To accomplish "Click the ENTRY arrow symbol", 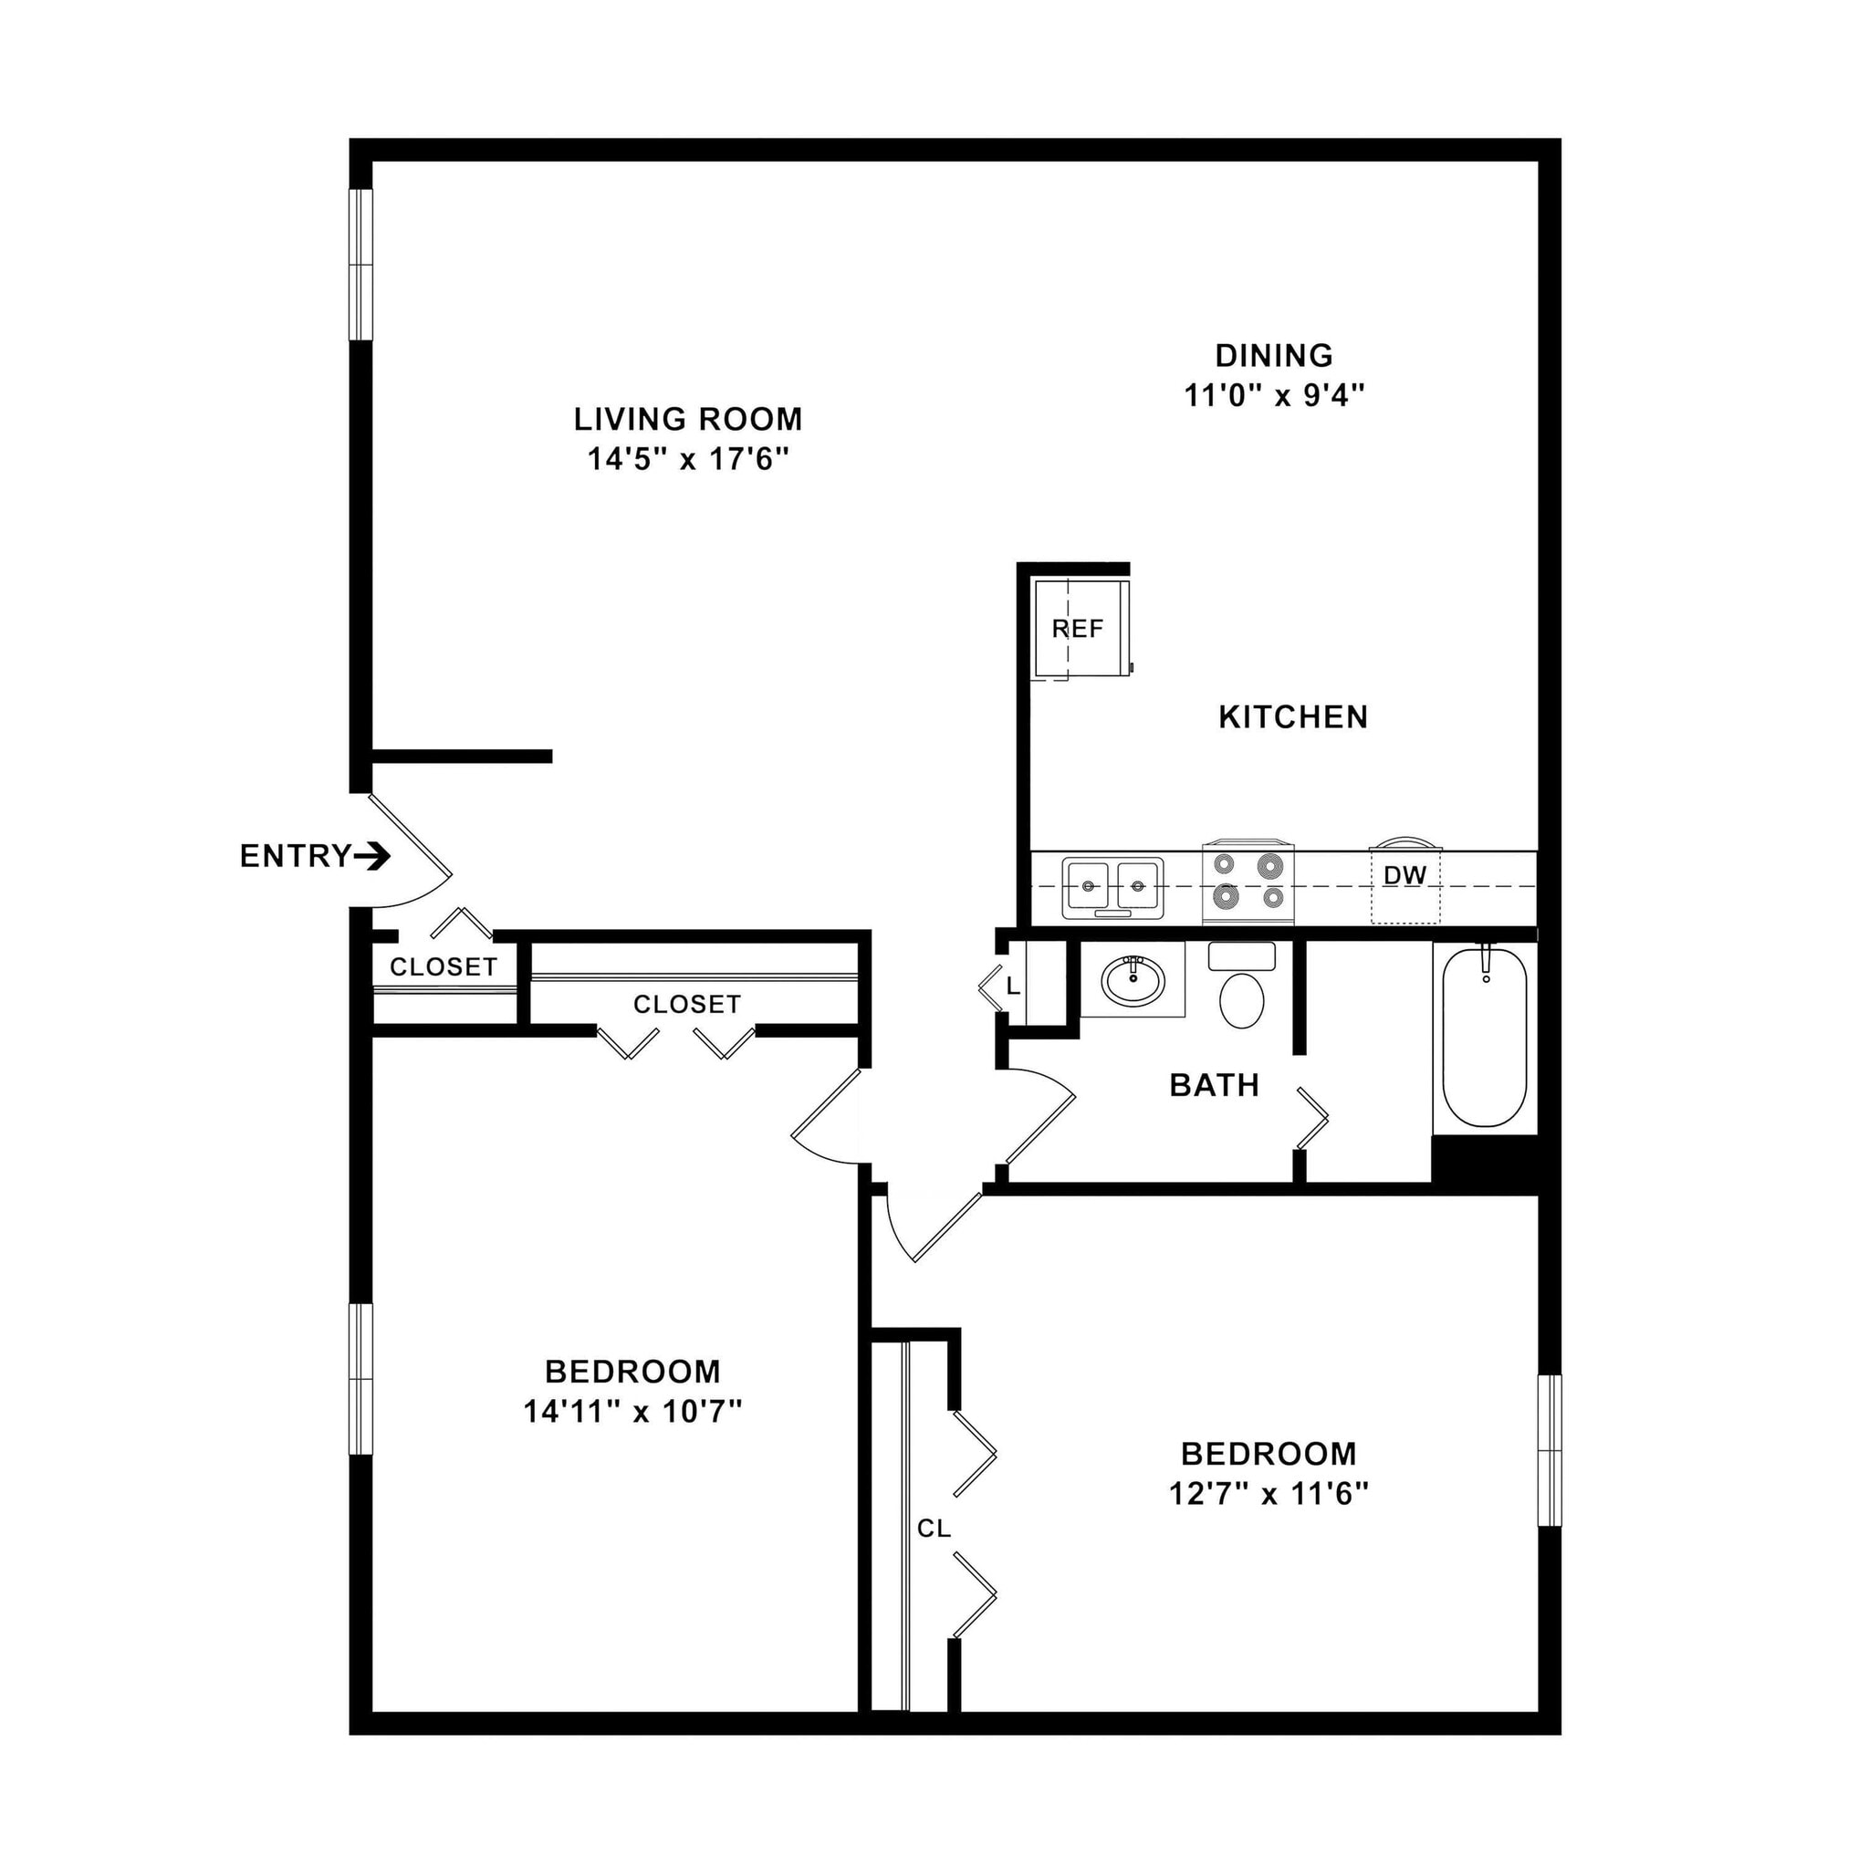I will tap(371, 856).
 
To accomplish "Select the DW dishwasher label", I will tap(1404, 875).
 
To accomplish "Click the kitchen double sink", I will tap(1113, 887).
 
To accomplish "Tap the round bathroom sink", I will tap(1133, 981).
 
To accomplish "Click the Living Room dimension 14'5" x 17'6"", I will tap(688, 458).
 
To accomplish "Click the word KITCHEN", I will tap(1292, 716).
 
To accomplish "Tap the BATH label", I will tap(1214, 1085).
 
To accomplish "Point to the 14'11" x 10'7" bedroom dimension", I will tap(632, 1412).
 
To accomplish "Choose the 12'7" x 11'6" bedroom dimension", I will tap(1269, 1494).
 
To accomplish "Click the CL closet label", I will tap(934, 1529).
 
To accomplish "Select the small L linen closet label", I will tap(1013, 987).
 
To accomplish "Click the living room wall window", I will tap(360, 264).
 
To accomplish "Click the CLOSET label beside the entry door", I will tap(443, 966).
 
